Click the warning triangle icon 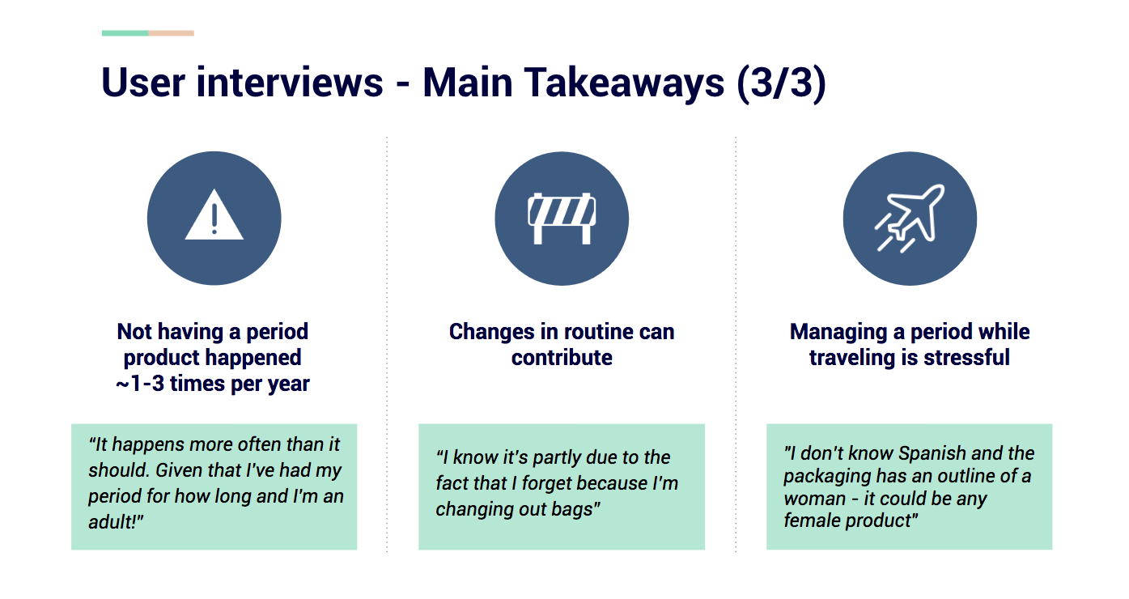214,216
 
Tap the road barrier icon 562,219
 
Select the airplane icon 910,219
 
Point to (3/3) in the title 781,83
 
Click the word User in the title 143,83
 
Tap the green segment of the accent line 125,33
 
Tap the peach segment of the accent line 172,33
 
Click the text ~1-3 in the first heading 140,384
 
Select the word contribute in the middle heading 562,358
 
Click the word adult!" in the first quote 116,522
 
